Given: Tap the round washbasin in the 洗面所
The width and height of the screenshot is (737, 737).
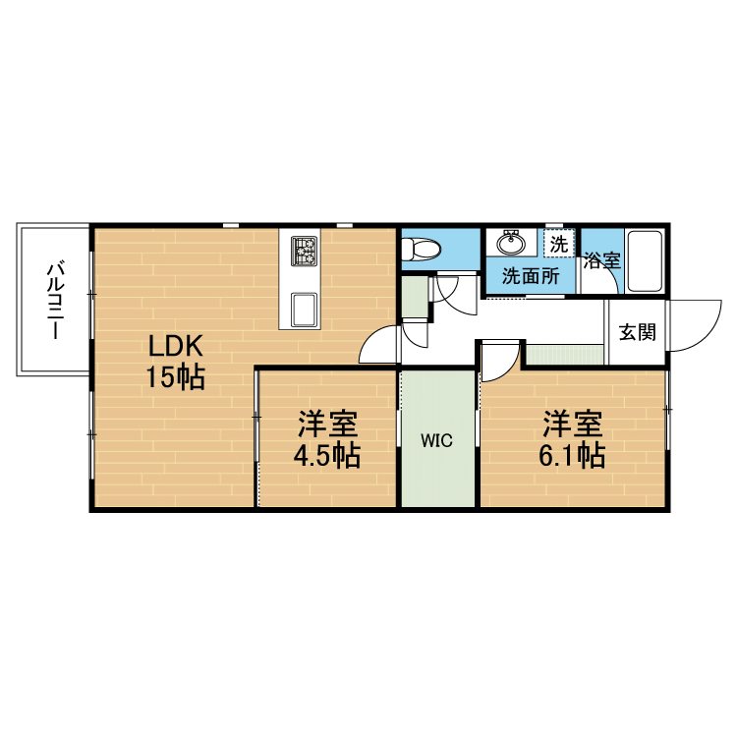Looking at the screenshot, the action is coord(511,244).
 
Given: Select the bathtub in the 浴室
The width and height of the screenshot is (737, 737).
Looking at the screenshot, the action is coord(645,260).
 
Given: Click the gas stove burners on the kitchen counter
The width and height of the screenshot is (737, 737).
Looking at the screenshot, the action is coord(304,251).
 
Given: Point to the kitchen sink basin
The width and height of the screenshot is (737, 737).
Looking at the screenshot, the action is coord(304,310).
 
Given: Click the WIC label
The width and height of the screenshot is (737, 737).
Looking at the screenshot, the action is coord(436,441).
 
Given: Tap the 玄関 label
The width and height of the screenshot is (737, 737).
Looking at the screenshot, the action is coord(637,332).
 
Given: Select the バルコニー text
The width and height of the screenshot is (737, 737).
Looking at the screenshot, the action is coord(56,301).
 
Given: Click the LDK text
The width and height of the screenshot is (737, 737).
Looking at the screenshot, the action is coord(176,347).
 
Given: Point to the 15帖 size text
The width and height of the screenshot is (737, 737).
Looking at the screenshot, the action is coord(176,377).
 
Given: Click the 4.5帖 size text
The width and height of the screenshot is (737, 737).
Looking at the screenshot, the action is coord(327,455).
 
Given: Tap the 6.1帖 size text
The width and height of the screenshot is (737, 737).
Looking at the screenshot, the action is coord(572,455).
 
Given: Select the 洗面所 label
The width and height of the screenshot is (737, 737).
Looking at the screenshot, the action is coord(531,276).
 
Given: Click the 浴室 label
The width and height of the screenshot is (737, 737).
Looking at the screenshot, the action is coord(602,260).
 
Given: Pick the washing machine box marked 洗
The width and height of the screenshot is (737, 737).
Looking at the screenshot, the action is coord(559,243).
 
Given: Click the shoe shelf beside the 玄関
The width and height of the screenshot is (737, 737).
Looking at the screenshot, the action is coord(564,354).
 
